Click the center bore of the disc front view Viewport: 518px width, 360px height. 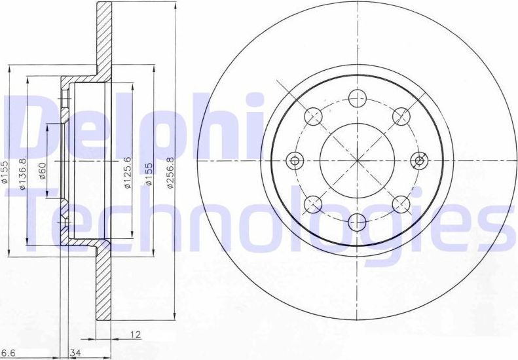(x=356, y=160)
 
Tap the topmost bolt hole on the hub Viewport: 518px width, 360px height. (x=356, y=99)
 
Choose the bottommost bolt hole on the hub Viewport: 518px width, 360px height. (x=356, y=221)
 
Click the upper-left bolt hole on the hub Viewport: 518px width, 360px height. (x=314, y=117)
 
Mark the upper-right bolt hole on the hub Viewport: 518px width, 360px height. (x=400, y=117)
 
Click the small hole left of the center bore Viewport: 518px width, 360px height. (x=295, y=160)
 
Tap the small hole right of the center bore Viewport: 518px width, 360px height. (x=418, y=160)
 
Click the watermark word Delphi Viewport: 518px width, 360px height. (x=131, y=124)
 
